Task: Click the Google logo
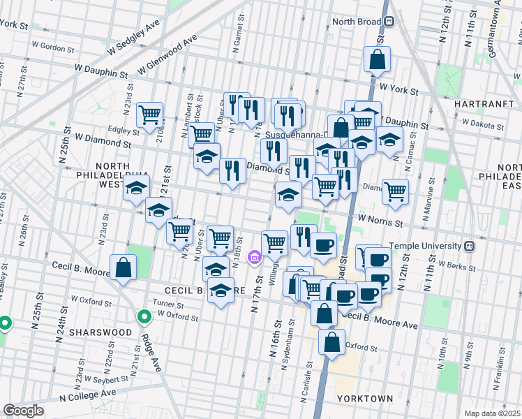tap(23, 410)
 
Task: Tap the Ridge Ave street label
tap(151, 352)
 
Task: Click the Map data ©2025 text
tap(492, 413)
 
